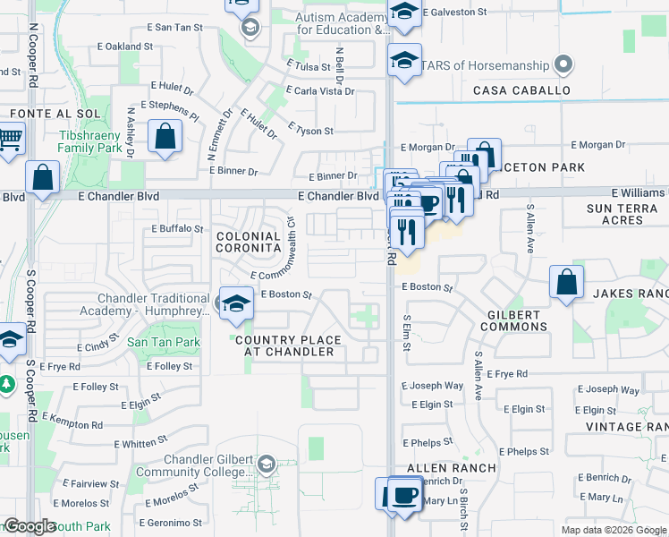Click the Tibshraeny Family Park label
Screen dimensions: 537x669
pos(96,141)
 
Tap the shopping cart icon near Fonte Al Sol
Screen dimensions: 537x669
pos(9,141)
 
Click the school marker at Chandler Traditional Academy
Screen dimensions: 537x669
pos(235,304)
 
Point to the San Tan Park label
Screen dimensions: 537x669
pos(163,342)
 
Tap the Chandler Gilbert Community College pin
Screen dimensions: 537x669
pos(265,463)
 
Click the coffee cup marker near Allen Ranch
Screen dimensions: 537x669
pos(404,495)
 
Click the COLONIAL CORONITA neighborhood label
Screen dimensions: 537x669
pos(249,243)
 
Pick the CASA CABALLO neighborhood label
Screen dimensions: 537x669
pos(521,90)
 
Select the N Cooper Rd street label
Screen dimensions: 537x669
pos(33,55)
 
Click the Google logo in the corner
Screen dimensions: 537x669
pos(30,527)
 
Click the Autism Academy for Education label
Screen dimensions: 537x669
pos(343,23)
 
